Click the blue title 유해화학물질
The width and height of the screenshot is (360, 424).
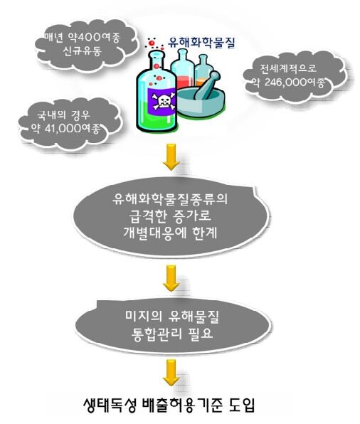pos(201,43)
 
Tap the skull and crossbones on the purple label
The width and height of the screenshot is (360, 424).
pos(163,100)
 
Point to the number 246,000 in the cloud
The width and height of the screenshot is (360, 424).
pos(286,82)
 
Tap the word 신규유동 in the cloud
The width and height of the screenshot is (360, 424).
pos(82,51)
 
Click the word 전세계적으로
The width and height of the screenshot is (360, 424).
pos(288,68)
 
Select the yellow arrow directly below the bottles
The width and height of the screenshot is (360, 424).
pos(171,157)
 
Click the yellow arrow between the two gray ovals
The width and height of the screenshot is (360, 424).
pos(171,278)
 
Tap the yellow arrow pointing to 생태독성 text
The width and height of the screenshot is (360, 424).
pos(171,373)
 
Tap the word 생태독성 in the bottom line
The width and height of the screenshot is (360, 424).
pos(110,405)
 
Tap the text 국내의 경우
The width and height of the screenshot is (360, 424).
pos(63,115)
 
